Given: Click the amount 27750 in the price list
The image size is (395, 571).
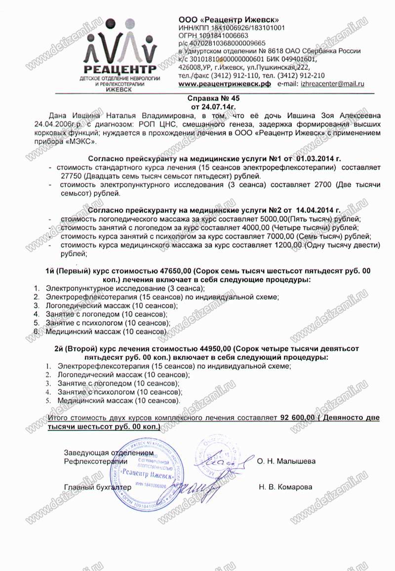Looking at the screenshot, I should tap(70, 176).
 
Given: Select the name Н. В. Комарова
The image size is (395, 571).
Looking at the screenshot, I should tap(285, 487).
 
